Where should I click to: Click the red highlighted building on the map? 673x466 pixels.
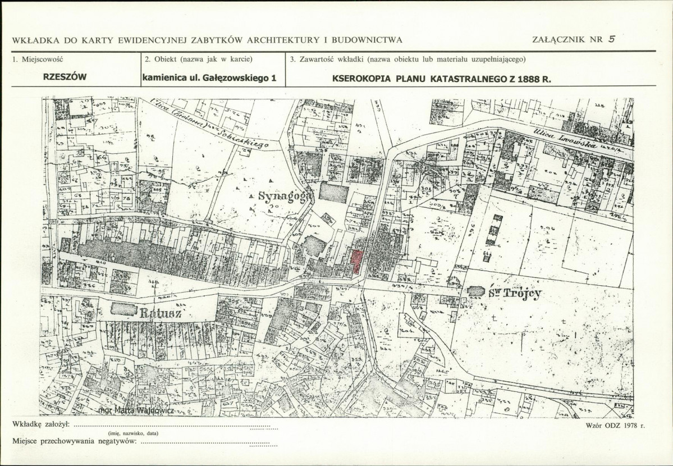pyautogui.click(x=356, y=262)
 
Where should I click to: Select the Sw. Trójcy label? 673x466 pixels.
pyautogui.click(x=516, y=293)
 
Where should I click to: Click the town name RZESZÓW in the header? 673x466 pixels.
pyautogui.click(x=65, y=78)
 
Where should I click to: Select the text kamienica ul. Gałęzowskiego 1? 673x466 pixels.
pyautogui.click(x=209, y=79)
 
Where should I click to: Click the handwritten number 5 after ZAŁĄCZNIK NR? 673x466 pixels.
pyautogui.click(x=612, y=39)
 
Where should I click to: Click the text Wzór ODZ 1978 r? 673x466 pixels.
pyautogui.click(x=615, y=426)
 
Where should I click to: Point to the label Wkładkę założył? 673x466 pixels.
pyautogui.click(x=40, y=423)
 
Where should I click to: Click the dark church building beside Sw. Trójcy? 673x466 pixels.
pyautogui.click(x=475, y=291)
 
